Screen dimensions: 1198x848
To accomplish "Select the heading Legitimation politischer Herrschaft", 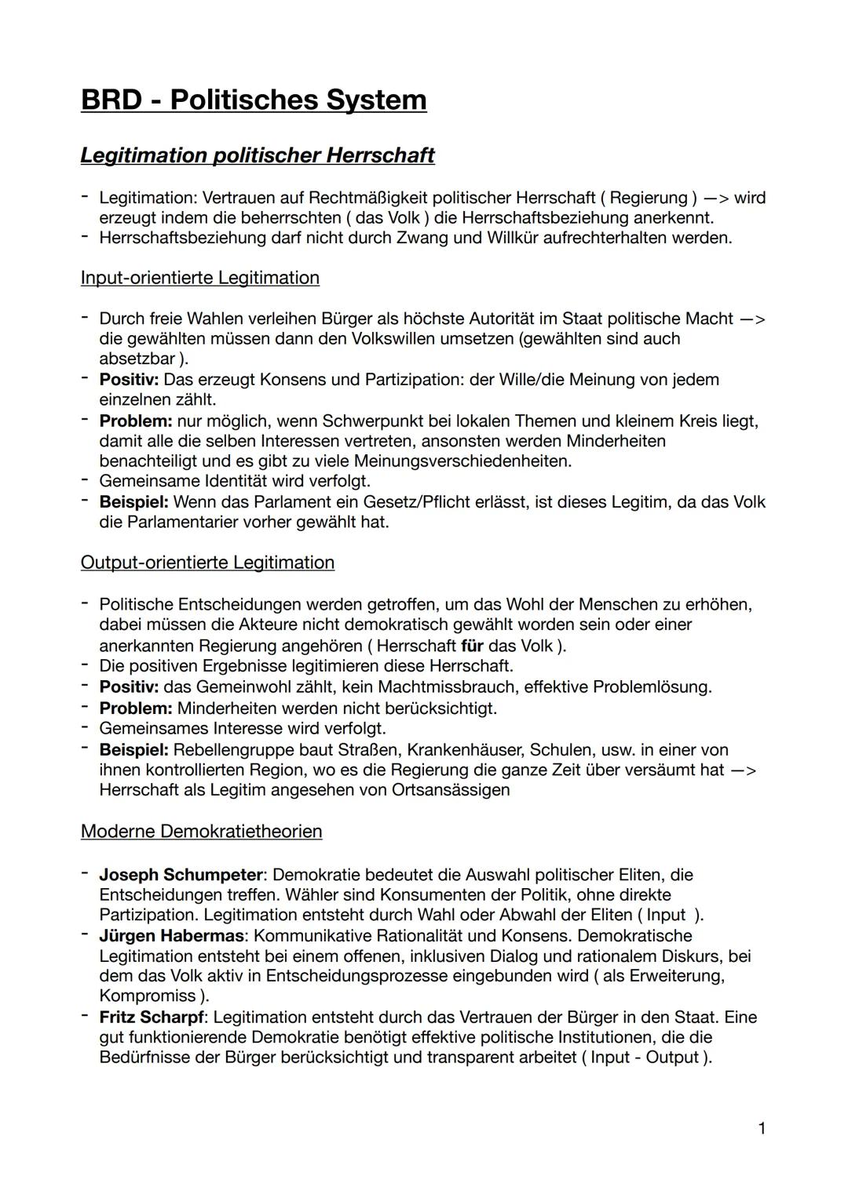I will tap(257, 155).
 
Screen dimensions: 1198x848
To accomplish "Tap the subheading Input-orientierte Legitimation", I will tap(199, 278).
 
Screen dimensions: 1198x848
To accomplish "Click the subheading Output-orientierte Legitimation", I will tap(207, 563).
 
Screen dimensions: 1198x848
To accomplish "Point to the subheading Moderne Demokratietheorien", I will tap(201, 832).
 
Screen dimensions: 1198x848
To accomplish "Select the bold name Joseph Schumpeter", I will tap(181, 875).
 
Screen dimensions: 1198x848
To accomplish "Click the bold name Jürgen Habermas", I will tap(172, 936).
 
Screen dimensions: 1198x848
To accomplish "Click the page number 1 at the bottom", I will tap(762, 1129).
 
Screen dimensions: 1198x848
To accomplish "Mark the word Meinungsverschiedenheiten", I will tap(462, 461).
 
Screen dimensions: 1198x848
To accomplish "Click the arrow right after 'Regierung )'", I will tap(715, 198).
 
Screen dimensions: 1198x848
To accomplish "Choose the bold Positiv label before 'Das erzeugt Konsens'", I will tap(129, 380).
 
